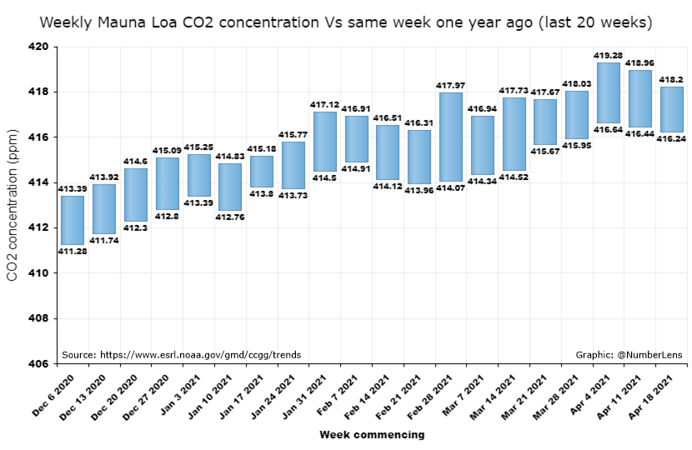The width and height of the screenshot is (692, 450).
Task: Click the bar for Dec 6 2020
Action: (x=73, y=220)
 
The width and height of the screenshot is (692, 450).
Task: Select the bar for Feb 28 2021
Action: (x=451, y=137)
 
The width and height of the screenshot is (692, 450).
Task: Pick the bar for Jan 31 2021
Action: (x=324, y=141)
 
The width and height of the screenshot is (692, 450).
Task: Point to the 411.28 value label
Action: (x=73, y=251)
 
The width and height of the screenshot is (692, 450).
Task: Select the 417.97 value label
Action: (x=451, y=86)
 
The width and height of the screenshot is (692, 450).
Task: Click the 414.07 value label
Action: (x=451, y=187)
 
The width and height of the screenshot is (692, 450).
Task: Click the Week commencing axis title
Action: (x=372, y=434)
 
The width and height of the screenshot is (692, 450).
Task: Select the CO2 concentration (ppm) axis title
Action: (x=13, y=205)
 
